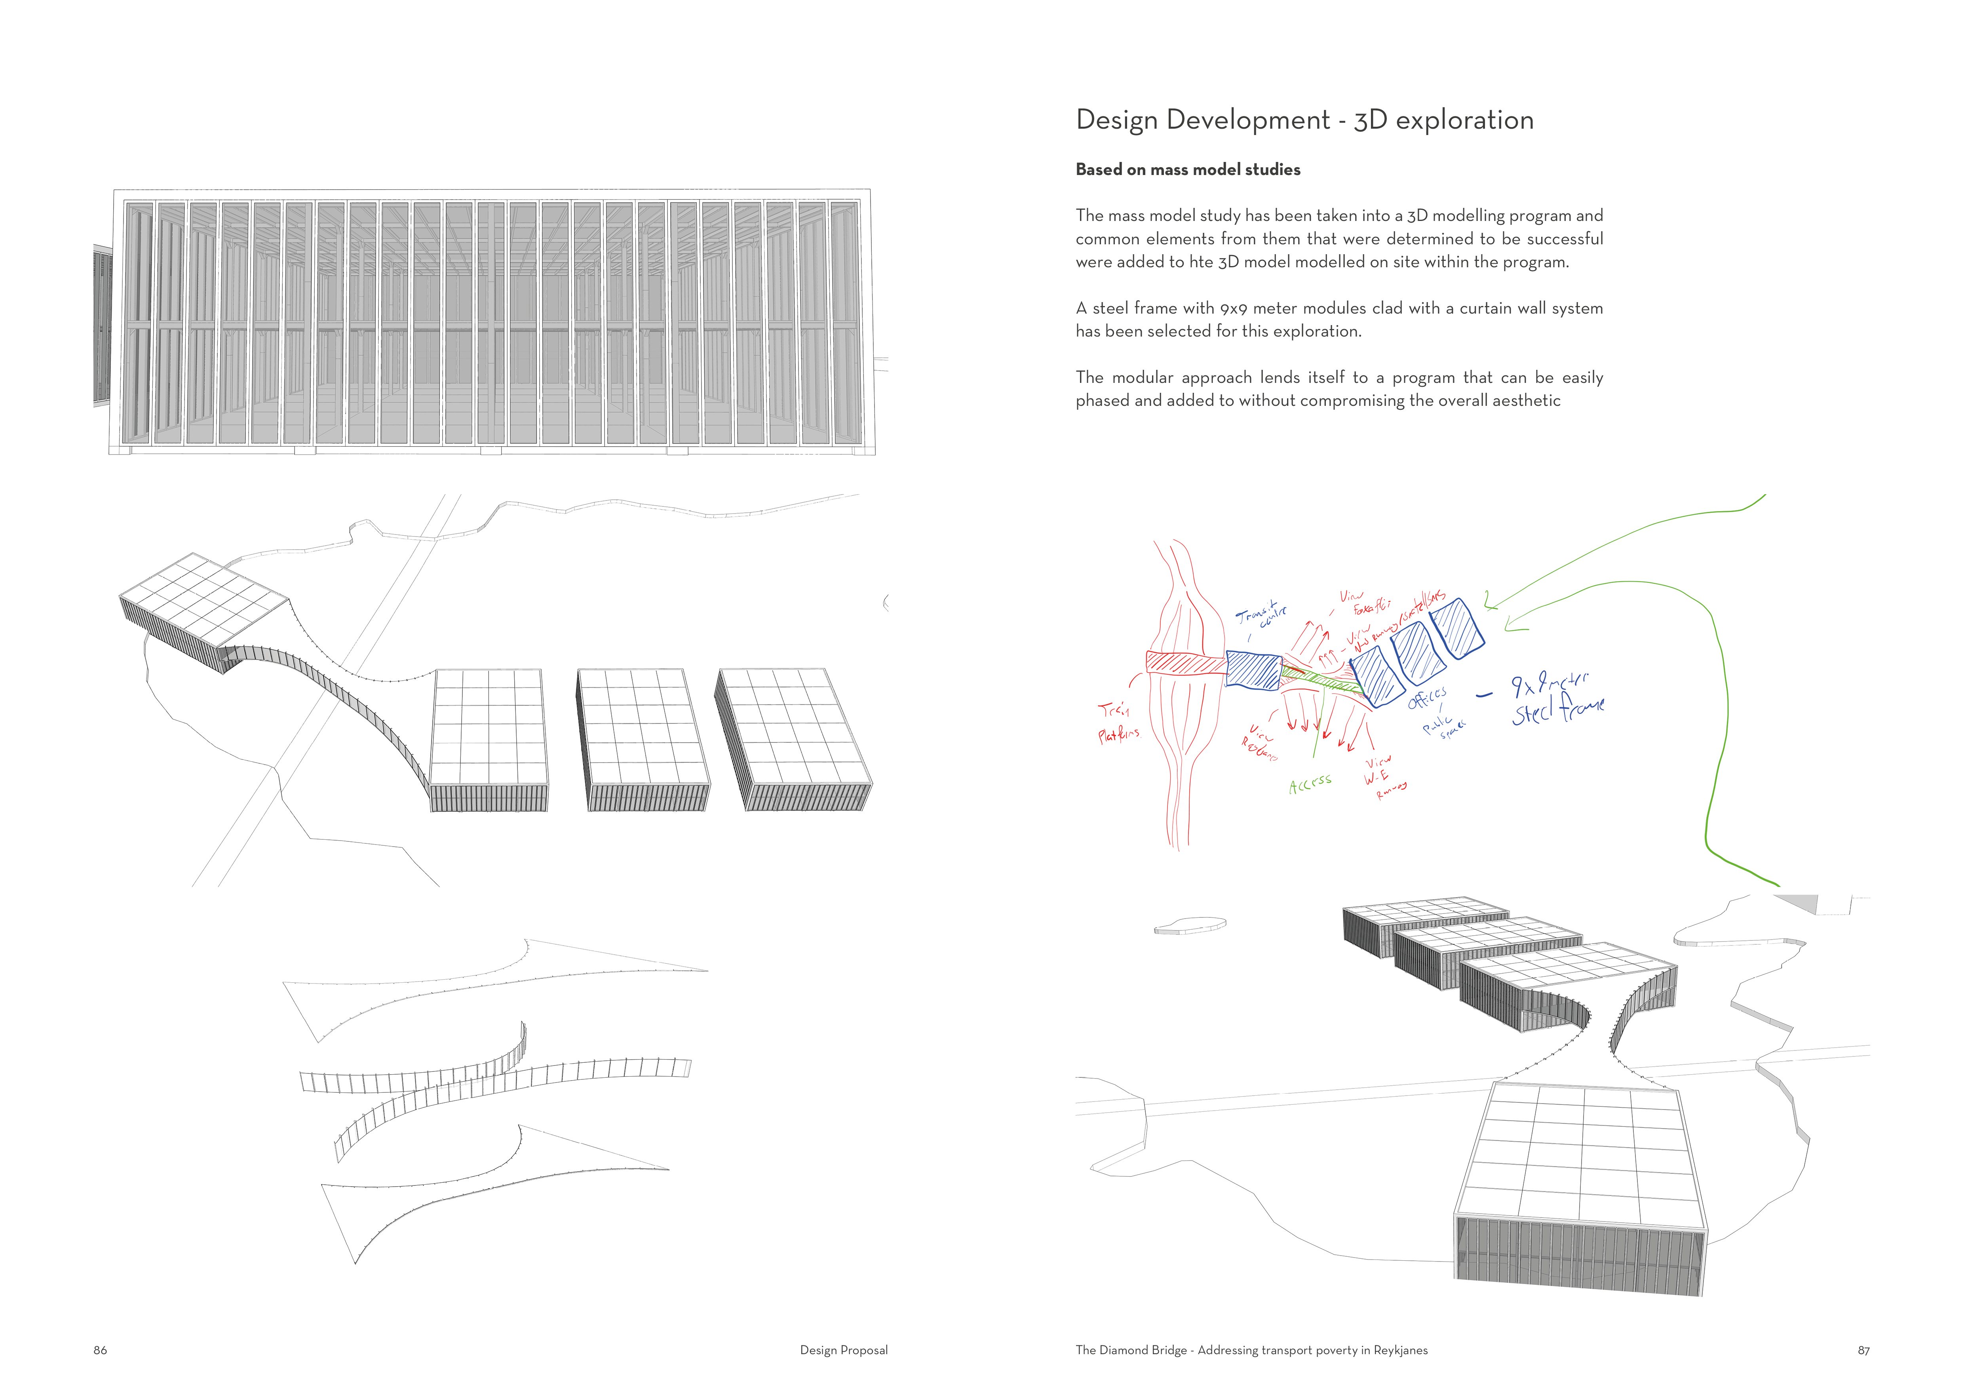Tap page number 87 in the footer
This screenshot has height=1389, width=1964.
(x=1863, y=1350)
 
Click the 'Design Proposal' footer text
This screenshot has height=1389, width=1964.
(x=843, y=1350)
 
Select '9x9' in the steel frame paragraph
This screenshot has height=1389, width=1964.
(x=1234, y=308)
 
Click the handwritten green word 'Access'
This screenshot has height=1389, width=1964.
(x=1310, y=784)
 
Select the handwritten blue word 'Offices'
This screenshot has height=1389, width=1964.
(x=1427, y=698)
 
